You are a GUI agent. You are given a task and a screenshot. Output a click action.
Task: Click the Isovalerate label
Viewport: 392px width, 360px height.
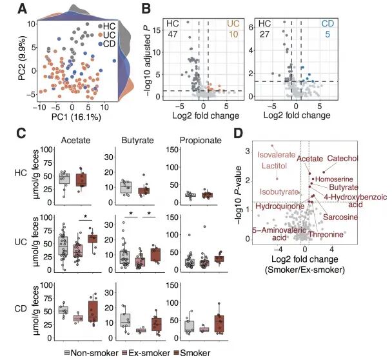pos(275,154)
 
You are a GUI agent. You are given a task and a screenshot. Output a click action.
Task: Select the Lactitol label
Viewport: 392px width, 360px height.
pos(273,166)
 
